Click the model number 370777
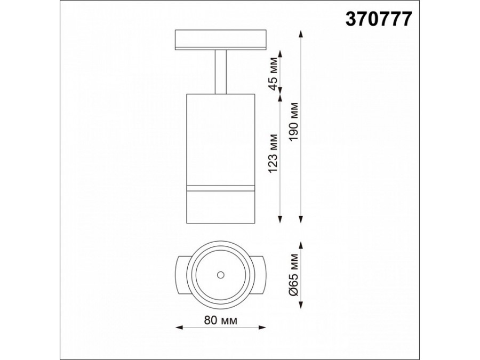(x=379, y=19)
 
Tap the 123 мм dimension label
(x=273, y=153)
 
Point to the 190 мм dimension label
(x=294, y=122)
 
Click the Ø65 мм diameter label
(x=294, y=275)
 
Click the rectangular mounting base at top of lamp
(x=220, y=39)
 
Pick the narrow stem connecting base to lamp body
(x=220, y=72)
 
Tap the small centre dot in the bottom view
(x=220, y=275)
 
